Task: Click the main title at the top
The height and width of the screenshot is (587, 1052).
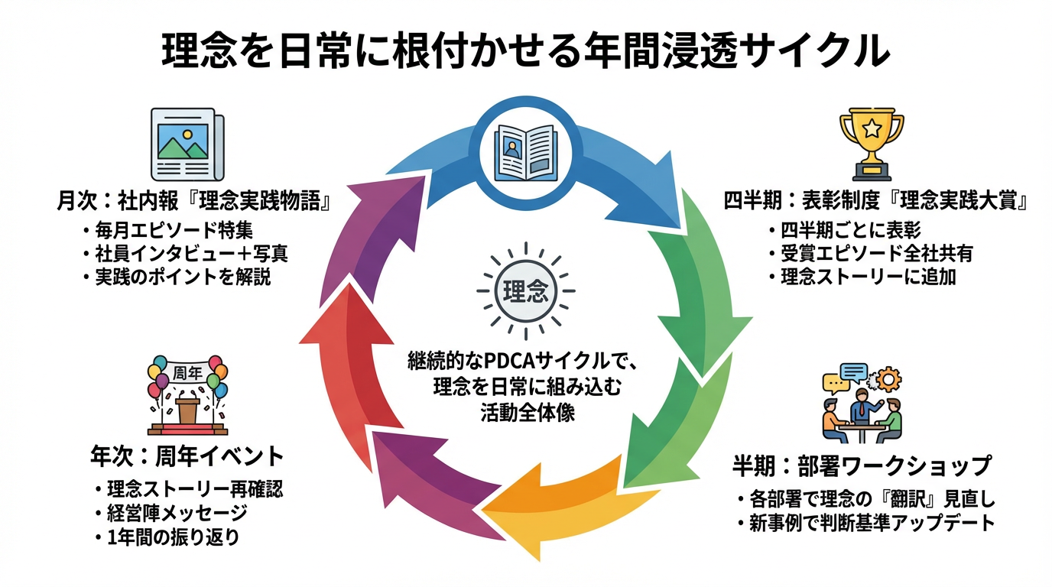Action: [x=526, y=53]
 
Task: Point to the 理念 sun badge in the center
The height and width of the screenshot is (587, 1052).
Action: [x=524, y=291]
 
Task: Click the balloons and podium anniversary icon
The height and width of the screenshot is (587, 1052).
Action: [x=187, y=394]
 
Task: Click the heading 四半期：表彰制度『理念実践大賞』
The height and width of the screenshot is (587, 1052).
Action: [x=876, y=202]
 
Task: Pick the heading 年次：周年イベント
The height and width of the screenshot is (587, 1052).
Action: [x=187, y=458]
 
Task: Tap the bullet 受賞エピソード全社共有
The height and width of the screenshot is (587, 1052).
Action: [x=876, y=253]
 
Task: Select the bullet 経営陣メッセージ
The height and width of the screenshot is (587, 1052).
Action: [x=177, y=513]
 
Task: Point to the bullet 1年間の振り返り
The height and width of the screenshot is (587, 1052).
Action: [x=173, y=537]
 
